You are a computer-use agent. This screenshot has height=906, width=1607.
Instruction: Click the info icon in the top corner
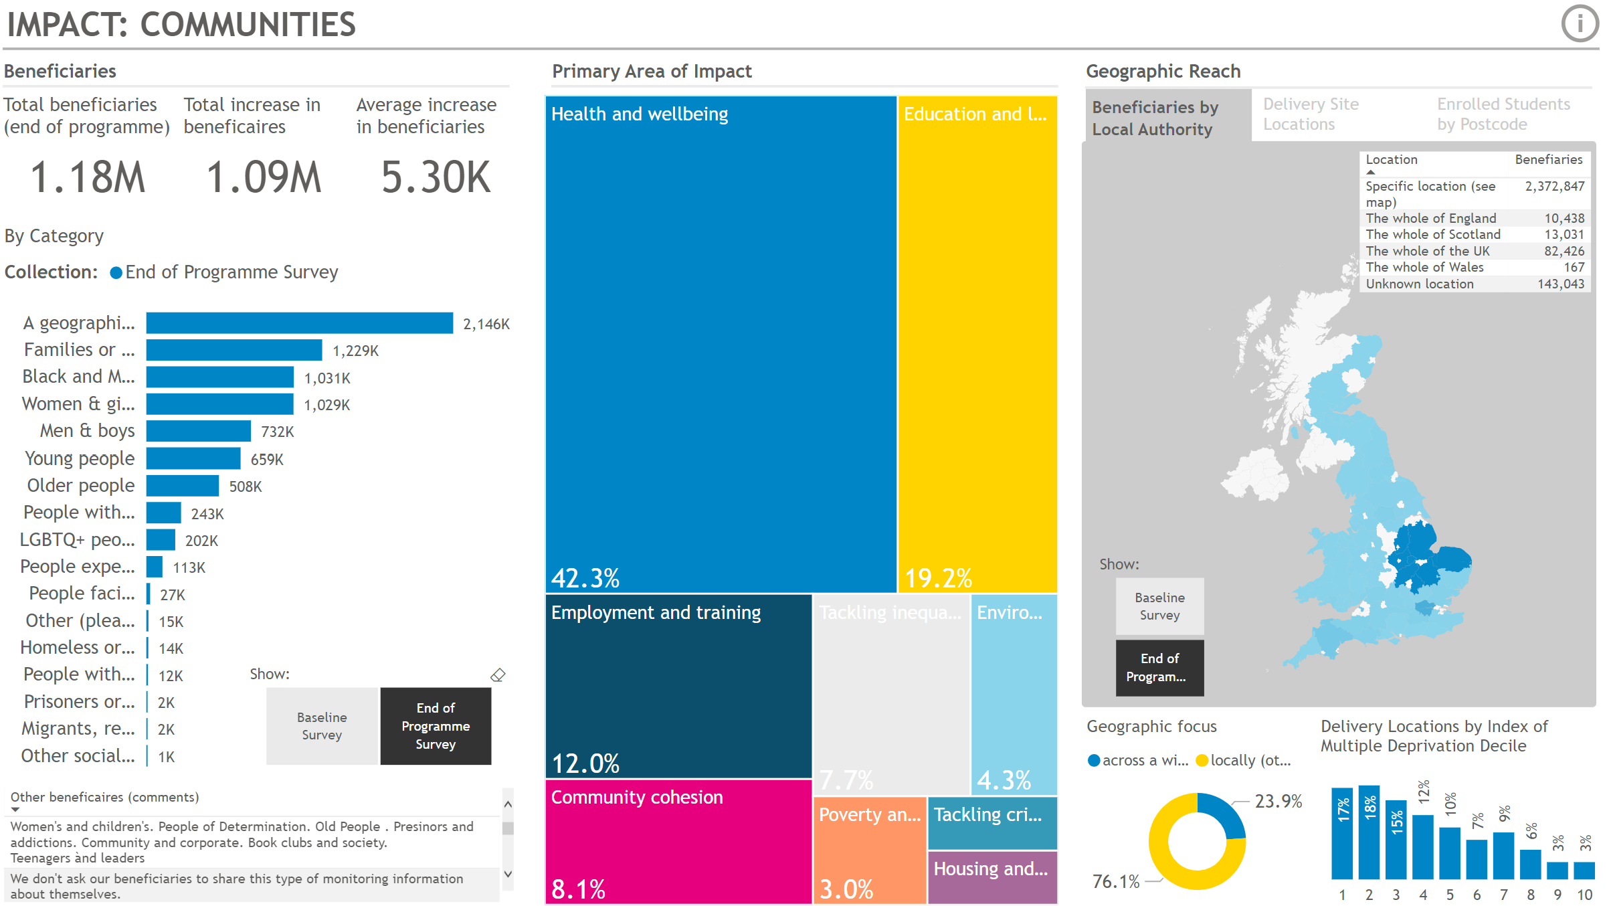click(x=1580, y=24)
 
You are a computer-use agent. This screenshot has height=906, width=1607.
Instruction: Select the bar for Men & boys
click(x=198, y=431)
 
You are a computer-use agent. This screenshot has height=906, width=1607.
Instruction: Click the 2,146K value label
click(x=486, y=325)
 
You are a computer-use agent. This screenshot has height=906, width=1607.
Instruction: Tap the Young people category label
click(x=80, y=458)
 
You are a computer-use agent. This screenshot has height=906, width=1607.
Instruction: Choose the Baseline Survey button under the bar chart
click(x=322, y=726)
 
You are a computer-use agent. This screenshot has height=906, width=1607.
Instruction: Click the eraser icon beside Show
click(x=498, y=675)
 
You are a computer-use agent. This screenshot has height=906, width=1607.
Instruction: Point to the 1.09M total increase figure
click(x=264, y=178)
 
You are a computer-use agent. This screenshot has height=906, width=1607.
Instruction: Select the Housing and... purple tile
click(x=992, y=877)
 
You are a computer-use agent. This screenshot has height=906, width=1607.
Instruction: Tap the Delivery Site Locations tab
click(x=1311, y=114)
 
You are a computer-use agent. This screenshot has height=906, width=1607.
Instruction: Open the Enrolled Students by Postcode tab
click(x=1503, y=114)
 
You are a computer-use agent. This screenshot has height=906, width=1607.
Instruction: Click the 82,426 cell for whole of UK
click(x=1564, y=251)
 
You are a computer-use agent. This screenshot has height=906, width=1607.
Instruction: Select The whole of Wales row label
click(x=1424, y=267)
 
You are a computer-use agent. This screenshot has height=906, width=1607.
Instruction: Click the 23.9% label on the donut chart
click(x=1278, y=801)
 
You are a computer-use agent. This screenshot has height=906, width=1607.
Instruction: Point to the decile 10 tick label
click(x=1584, y=895)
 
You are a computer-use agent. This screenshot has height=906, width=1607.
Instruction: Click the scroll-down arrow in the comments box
click(x=508, y=873)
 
